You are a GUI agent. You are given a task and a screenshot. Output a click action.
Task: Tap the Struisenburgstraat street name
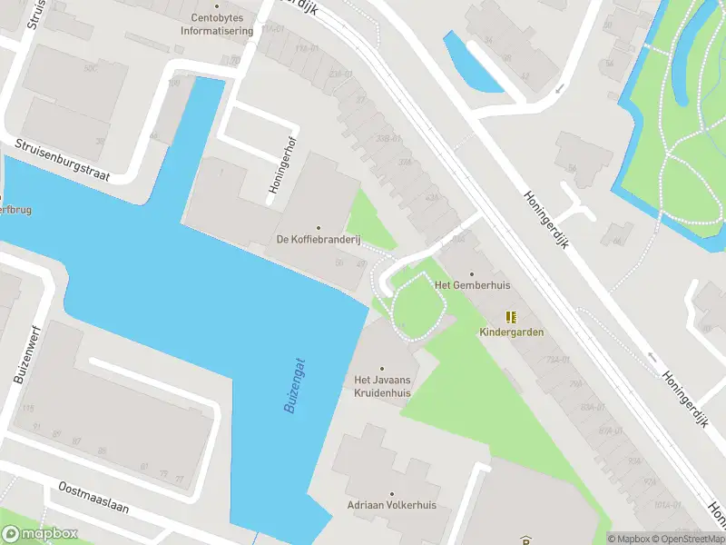pos(62,160)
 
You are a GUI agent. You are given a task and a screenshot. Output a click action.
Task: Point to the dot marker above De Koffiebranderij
pos(319,228)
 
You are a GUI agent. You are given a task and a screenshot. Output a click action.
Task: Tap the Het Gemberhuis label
pos(473,285)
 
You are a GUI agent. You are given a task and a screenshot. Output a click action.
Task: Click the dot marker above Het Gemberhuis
pos(471,272)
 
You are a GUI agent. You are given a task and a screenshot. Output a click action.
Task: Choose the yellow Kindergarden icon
pos(512,317)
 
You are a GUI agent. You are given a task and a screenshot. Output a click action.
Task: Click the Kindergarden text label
pos(512,332)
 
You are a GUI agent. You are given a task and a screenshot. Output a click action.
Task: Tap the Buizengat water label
pos(295,385)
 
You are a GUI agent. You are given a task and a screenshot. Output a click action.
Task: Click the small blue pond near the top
pos(470,64)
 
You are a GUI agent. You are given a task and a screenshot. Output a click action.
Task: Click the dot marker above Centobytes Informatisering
pos(216,4)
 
